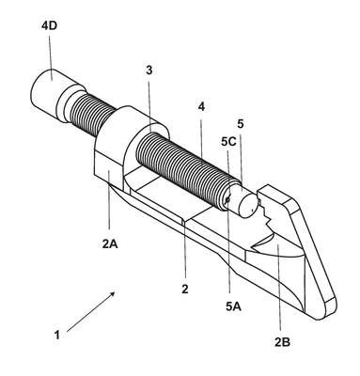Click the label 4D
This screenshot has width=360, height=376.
(49, 25)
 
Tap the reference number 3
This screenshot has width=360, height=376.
(149, 70)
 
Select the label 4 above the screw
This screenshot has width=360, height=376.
(201, 107)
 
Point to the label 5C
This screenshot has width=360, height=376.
(228, 142)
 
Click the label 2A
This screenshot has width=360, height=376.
(110, 243)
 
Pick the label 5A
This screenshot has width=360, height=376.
(233, 306)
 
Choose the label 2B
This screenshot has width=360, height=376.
(282, 342)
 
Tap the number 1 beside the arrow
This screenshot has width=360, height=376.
(56, 336)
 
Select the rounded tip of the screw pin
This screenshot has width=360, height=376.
(247, 205)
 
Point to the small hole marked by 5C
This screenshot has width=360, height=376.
(228, 199)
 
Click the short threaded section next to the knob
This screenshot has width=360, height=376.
(92, 115)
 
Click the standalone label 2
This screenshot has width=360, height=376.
(185, 289)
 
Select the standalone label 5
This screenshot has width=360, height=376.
(241, 124)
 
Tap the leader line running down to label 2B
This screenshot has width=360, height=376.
(280, 289)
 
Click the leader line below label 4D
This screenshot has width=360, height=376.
(51, 55)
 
